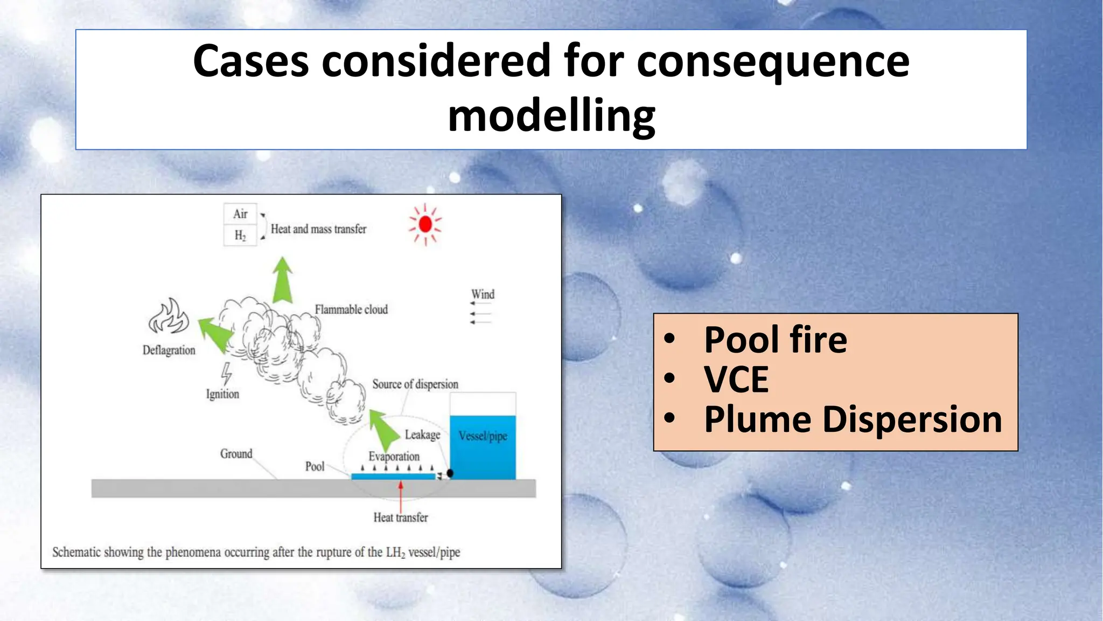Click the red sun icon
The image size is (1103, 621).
425,224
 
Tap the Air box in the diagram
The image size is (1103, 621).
240,214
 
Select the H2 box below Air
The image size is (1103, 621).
240,236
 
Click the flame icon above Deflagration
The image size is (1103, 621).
169,318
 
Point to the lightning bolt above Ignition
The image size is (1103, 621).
227,374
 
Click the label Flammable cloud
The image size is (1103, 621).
351,310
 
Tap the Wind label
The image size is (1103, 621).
483,294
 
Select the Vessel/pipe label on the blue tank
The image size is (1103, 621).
483,436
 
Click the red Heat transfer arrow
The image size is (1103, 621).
401,496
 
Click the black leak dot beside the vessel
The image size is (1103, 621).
450,473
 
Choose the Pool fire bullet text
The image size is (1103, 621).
776,340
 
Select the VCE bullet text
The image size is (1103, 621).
736,380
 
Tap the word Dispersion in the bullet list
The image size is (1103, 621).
912,419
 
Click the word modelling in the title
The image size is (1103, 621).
551,116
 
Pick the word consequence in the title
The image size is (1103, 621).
773,61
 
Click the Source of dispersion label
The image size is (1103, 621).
415,384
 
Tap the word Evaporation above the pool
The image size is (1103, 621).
394,457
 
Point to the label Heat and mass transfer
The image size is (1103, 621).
318,229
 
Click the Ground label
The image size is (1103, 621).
236,454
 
